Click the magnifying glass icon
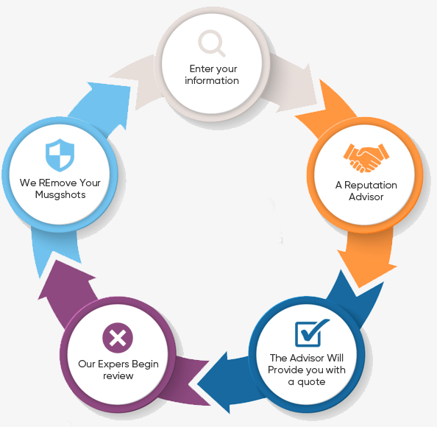coord(212,43)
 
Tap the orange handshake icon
coord(366,158)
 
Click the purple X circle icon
coord(118,338)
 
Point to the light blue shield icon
coord(60,155)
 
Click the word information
coord(212,80)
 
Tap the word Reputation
coord(371,186)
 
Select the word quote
coord(311,382)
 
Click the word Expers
coord(113,364)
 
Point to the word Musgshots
coord(60,194)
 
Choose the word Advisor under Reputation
coord(366,197)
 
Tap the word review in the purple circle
coord(118,376)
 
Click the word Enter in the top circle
coord(202,68)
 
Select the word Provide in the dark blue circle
coord(286,370)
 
